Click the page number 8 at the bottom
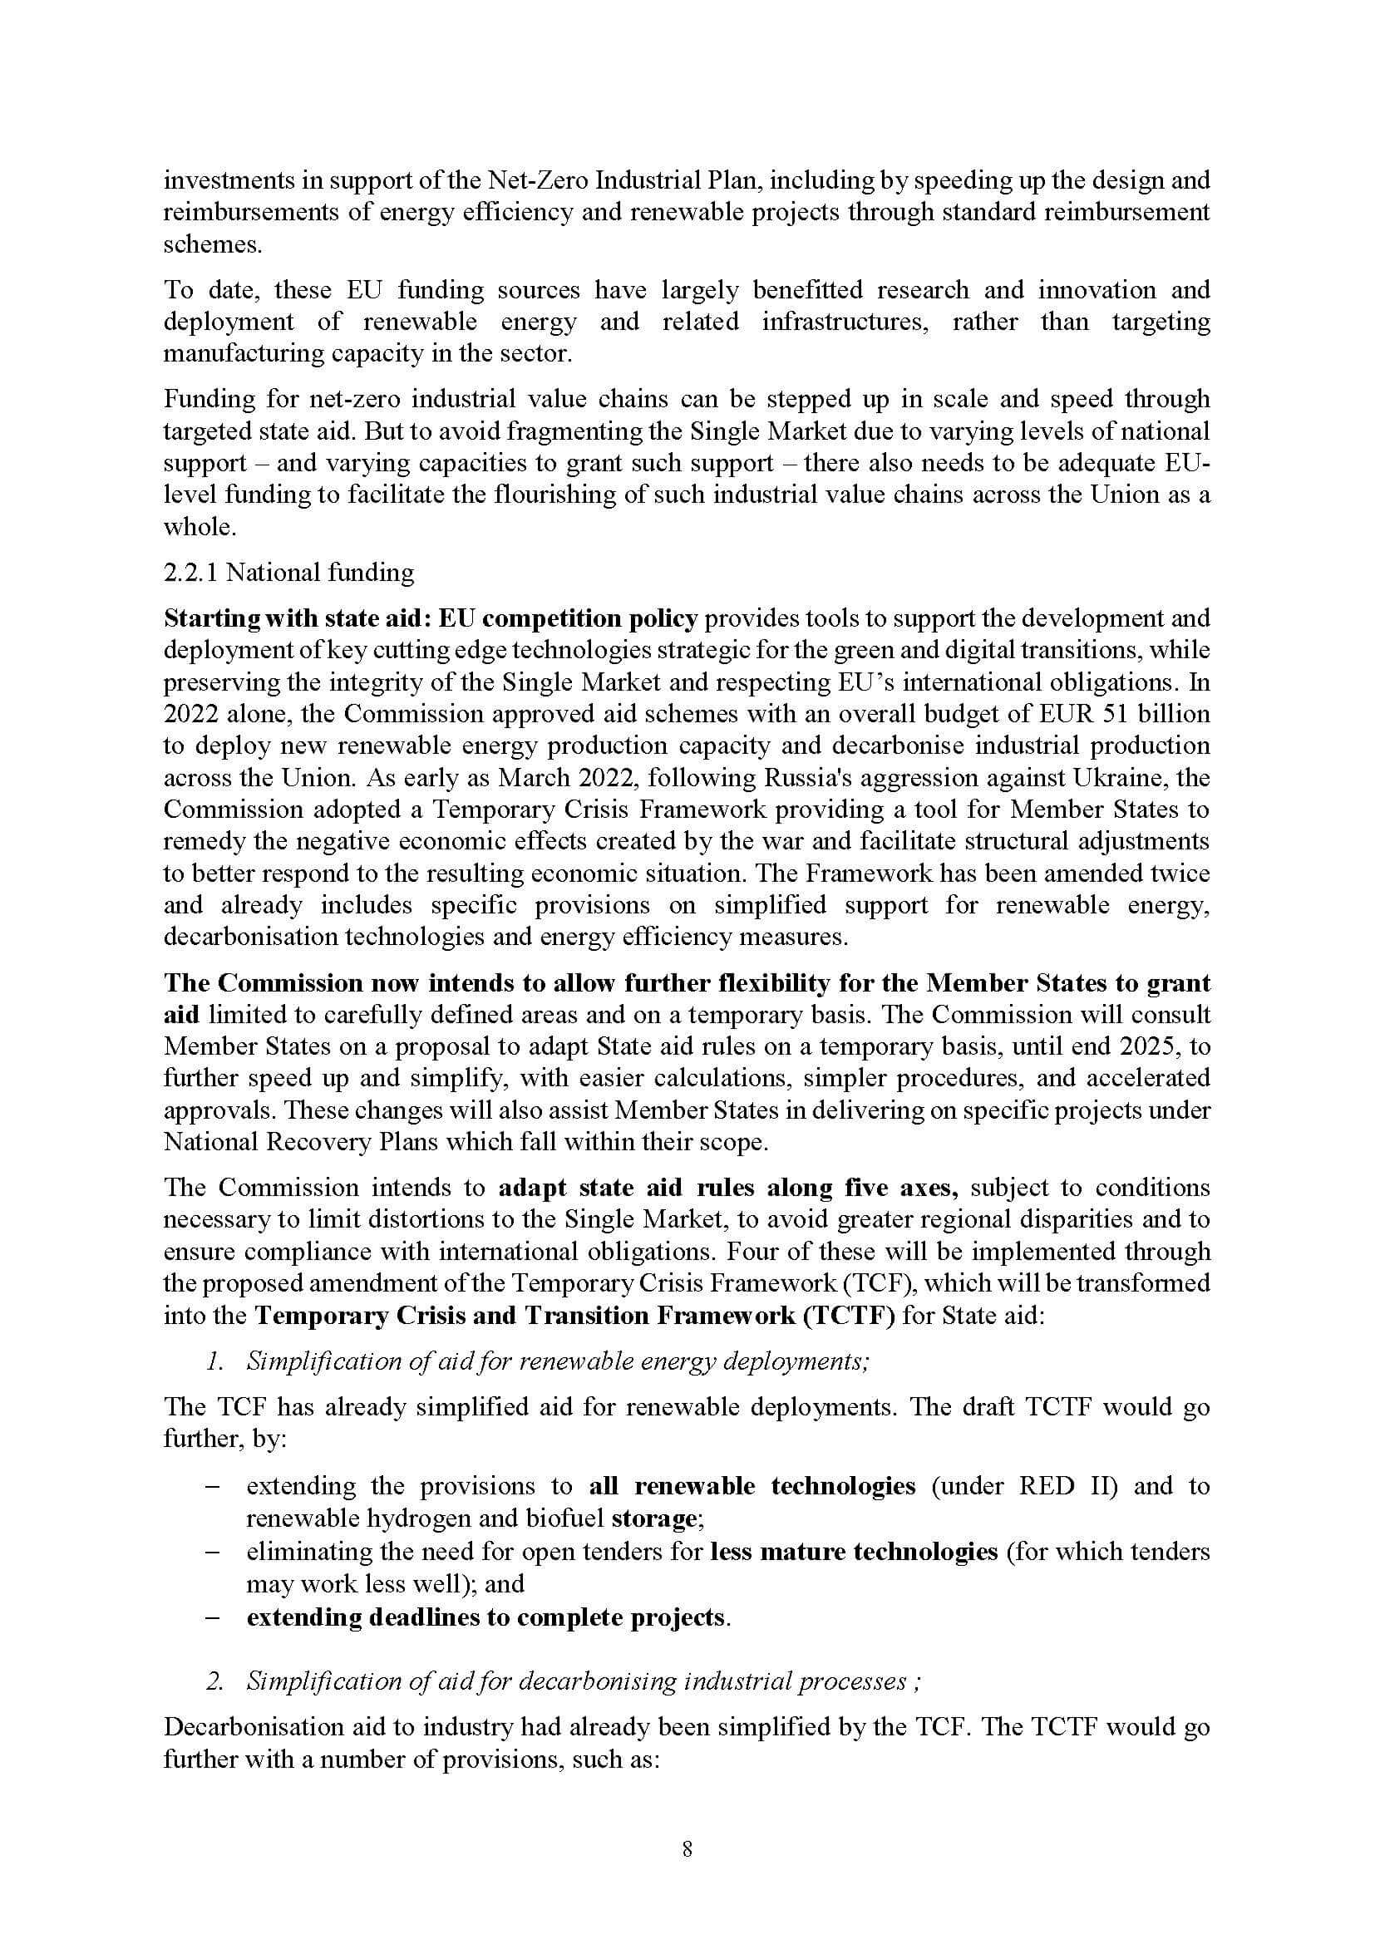pyautogui.click(x=687, y=1850)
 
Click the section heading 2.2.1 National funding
pyautogui.click(x=288, y=573)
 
